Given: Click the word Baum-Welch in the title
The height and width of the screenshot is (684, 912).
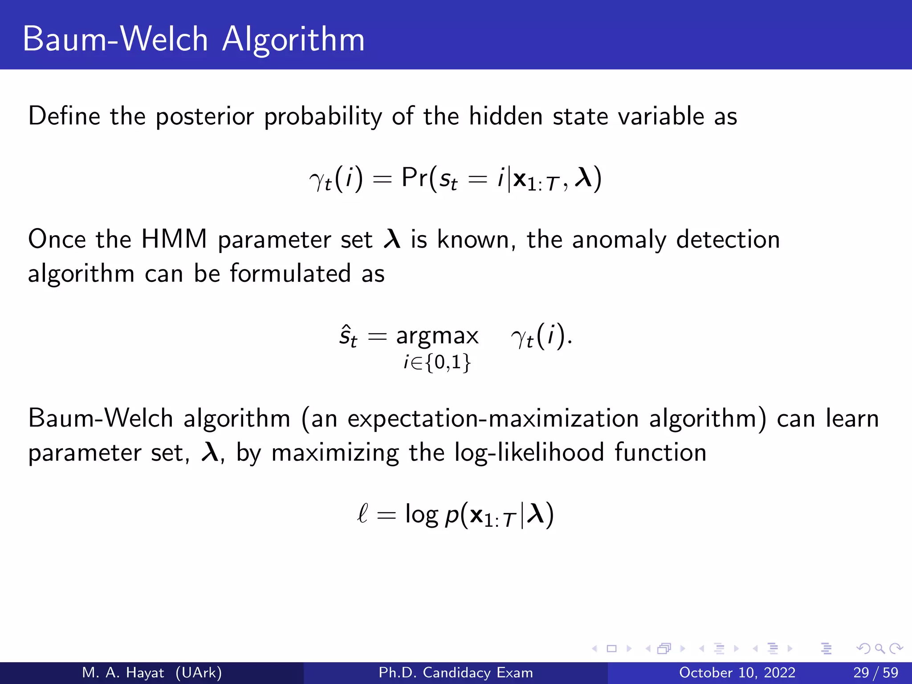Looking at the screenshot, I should click(x=115, y=39).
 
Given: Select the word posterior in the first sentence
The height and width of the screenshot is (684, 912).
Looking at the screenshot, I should click(x=204, y=117).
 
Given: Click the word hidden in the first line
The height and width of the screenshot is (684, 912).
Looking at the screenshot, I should click(x=505, y=116).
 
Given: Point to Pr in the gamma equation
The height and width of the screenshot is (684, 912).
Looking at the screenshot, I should click(x=415, y=178).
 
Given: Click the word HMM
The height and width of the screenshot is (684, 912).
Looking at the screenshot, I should click(x=174, y=239).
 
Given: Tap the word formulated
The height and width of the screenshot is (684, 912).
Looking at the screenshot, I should click(x=290, y=273).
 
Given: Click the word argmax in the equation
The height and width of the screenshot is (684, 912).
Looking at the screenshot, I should click(x=437, y=336).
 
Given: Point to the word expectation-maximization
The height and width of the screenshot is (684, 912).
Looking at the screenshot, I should click(x=493, y=419).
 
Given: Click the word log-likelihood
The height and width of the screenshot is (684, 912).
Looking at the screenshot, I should click(x=529, y=453).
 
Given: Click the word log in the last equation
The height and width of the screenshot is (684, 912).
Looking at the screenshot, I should click(x=421, y=515).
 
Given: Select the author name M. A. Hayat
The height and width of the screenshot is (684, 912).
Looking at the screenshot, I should click(x=123, y=672).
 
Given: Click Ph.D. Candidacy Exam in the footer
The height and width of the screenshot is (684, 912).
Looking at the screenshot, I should click(x=456, y=672).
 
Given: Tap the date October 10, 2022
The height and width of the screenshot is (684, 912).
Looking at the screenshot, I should click(x=737, y=672).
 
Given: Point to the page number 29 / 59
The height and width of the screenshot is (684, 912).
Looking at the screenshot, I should click(x=875, y=672).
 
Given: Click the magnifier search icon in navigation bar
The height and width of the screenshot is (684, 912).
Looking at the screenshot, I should click(x=879, y=649).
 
